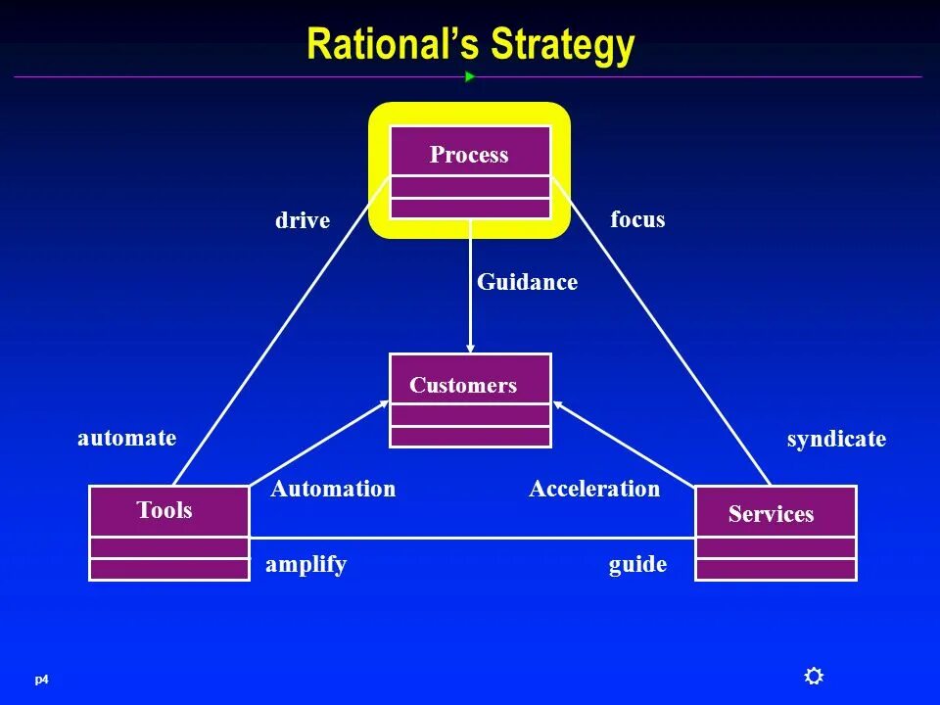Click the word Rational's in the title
pos(394,45)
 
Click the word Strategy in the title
pos(563,45)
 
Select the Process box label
pos(469,155)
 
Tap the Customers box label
pos(463,385)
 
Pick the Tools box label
pos(164,510)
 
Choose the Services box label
pos(771,514)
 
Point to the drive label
pos(303,220)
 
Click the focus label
pos(637,219)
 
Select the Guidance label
pos(527,282)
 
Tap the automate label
pos(127,438)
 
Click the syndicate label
pos(836,439)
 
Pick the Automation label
pos(333,489)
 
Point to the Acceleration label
pos(594,489)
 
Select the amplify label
pos(305,564)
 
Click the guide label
pos(637,564)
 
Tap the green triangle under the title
pos(470,76)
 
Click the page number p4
pos(41,680)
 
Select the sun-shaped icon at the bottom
pos(814,676)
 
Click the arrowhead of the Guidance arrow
pos(471,347)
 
